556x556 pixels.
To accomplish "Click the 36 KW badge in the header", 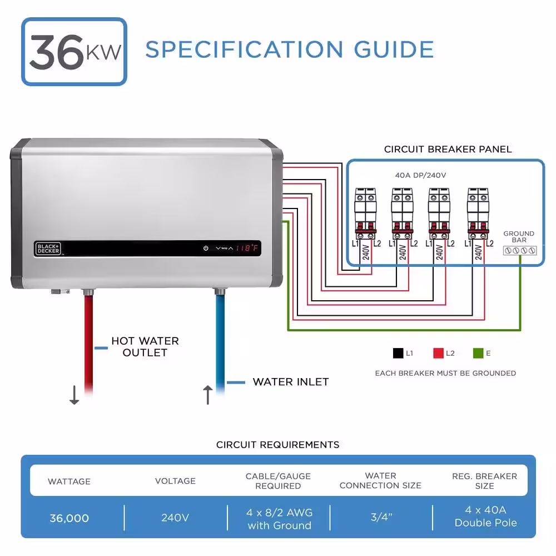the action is pos(74,52).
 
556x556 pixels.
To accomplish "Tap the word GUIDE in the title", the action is pos(394,49).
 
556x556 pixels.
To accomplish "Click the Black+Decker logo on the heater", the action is pos(48,249).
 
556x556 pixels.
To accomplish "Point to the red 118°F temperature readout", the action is pos(247,248).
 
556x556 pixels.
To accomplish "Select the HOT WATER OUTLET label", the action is pos(145,347).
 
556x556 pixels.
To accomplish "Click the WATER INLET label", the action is pos(291,382).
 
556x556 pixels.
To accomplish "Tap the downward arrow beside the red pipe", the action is pos(74,395).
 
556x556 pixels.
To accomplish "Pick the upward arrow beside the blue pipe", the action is pos(208,395).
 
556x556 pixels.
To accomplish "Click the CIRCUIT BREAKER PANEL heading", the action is pos(448,149).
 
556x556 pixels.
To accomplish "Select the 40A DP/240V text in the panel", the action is pos(420,175).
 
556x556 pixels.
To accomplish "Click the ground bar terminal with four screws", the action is pos(520,251).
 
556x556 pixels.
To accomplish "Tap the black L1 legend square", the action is pos(398,353).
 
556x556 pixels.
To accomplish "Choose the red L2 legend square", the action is pos(439,353).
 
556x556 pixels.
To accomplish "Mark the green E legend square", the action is pos(478,353).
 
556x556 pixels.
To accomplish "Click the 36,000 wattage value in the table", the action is pos(69,518).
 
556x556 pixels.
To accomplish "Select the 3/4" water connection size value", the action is pos(381,517).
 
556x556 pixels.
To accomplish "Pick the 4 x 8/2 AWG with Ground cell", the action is pos(280,519).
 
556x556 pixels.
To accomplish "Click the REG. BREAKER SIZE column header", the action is pos(484,481).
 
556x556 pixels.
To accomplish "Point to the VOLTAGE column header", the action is pos(175,481).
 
